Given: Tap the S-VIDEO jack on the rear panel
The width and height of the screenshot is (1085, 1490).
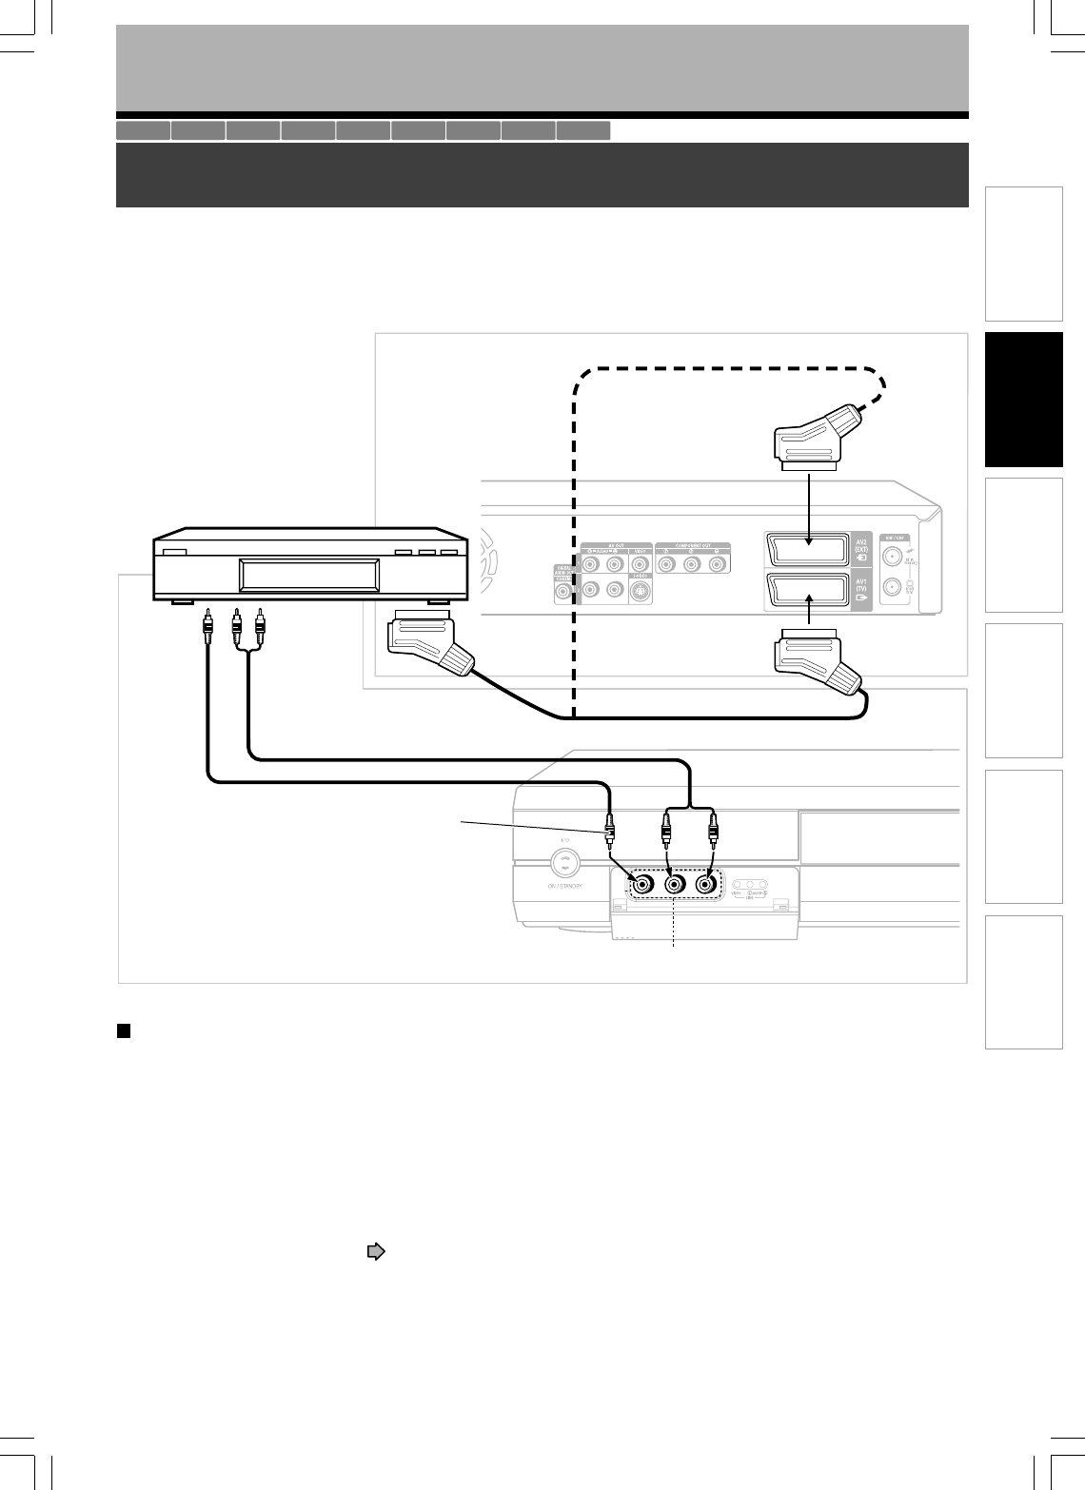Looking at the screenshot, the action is click(x=641, y=593).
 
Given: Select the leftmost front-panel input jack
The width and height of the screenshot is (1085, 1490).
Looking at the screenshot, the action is click(x=643, y=884).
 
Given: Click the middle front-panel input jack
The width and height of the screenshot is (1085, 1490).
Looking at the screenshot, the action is click(x=675, y=884).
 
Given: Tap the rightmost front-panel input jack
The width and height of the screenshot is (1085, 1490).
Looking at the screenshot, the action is click(x=705, y=884).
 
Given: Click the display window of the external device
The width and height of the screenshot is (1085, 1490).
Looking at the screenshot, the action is click(x=309, y=576).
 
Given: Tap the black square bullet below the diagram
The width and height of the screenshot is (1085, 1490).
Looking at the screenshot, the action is click(x=123, y=1030).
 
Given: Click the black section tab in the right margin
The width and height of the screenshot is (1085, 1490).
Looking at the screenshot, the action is click(x=1023, y=400).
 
